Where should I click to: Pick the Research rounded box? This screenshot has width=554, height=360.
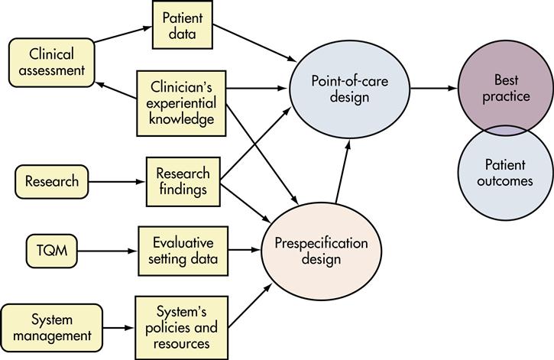pos(50,182)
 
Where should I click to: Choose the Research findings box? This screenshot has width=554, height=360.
pos(183,182)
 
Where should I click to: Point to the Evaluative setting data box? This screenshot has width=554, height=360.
pos(183,248)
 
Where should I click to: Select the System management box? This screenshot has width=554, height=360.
pos(51,326)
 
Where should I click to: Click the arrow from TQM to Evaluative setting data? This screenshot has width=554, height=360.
pos(108,249)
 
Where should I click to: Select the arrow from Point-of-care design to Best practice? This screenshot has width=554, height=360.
pos(434,89)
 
